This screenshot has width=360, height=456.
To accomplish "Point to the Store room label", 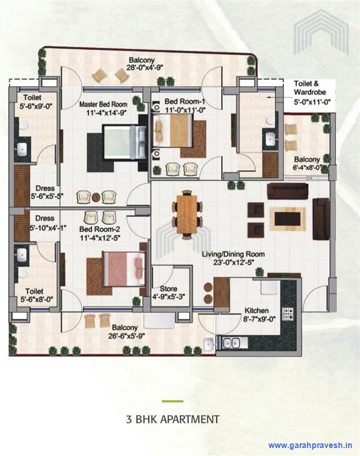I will coord(169,288).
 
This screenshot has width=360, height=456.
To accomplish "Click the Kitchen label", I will coord(256,311).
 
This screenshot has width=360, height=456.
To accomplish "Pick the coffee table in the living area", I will coord(286,217).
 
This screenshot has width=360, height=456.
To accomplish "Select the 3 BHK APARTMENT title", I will coord(173,420).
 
